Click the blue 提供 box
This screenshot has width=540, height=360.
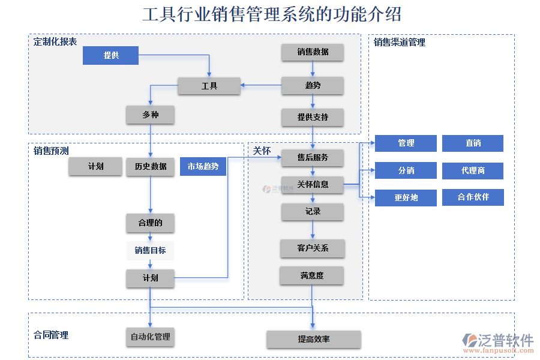pyautogui.click(x=110, y=55)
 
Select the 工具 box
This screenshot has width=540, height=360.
pyautogui.click(x=209, y=86)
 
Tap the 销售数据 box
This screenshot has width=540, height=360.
pyautogui.click(x=313, y=52)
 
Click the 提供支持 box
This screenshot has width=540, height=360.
pyautogui.click(x=313, y=117)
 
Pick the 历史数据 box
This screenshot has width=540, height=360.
pyautogui.click(x=150, y=166)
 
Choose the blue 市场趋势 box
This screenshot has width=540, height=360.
pyautogui.click(x=203, y=166)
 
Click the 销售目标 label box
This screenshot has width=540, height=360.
pyautogui.click(x=150, y=250)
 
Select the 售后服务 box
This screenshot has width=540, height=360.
pyautogui.click(x=313, y=158)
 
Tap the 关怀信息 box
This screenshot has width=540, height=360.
pyautogui.click(x=313, y=184)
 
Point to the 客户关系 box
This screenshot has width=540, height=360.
pyautogui.click(x=313, y=248)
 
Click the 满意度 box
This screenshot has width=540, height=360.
pyautogui.click(x=312, y=275)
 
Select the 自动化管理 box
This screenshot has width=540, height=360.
pyautogui.click(x=150, y=337)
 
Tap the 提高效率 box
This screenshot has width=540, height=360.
pyautogui.click(x=314, y=339)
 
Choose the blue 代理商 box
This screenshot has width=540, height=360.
pyautogui.click(x=473, y=170)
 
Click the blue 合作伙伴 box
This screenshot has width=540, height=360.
pyautogui.click(x=473, y=197)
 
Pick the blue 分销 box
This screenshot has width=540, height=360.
pyautogui.click(x=406, y=170)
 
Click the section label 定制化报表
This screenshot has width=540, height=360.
pyautogui.click(x=55, y=42)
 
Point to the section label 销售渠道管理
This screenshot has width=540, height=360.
pyautogui.click(x=400, y=43)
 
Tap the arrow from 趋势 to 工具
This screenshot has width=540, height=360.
pyautogui.click(x=261, y=86)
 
